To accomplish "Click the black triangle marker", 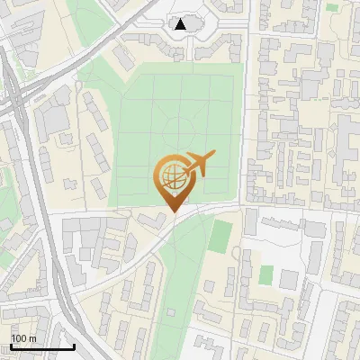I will coord(181,24).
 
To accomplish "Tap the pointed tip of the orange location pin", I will coord(171,211).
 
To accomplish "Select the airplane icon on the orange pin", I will coord(199,164).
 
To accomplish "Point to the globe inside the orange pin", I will coord(170,174).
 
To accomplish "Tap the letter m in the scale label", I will coord(32,338).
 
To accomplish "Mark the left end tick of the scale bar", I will coord(11,345).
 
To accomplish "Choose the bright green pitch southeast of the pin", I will coord(220,237).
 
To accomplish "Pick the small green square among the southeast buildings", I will coord(266,274).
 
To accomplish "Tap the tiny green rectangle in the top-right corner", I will coord(332,7).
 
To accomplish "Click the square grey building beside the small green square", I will coord(288,279).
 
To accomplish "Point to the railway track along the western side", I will coord(49,234).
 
